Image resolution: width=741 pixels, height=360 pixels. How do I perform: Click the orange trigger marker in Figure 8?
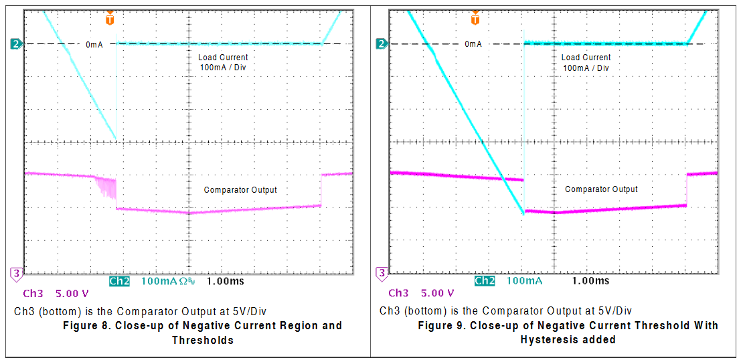click(x=110, y=18)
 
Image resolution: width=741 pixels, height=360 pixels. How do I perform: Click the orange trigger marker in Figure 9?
click(x=475, y=18)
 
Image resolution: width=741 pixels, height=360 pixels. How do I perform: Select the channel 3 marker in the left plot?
click(x=17, y=273)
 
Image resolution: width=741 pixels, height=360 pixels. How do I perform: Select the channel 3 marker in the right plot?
click(x=382, y=273)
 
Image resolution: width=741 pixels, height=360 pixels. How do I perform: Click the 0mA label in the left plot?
click(x=94, y=45)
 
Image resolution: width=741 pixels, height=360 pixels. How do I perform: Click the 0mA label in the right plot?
click(x=473, y=45)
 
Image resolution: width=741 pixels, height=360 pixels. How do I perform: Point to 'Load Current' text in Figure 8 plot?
click(x=223, y=58)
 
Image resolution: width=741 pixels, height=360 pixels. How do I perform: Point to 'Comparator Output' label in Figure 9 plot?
click(x=601, y=189)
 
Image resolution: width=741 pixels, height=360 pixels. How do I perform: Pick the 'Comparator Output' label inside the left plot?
click(x=240, y=190)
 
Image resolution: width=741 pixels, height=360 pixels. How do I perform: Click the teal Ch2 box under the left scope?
click(x=119, y=281)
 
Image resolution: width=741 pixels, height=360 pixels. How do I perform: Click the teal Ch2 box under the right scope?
click(x=484, y=281)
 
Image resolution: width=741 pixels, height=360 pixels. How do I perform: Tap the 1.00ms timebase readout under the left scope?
click(x=226, y=281)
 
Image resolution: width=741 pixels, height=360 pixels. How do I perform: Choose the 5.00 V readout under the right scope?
click(x=437, y=293)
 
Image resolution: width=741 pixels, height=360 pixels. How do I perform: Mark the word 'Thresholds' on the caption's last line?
click(x=202, y=340)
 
